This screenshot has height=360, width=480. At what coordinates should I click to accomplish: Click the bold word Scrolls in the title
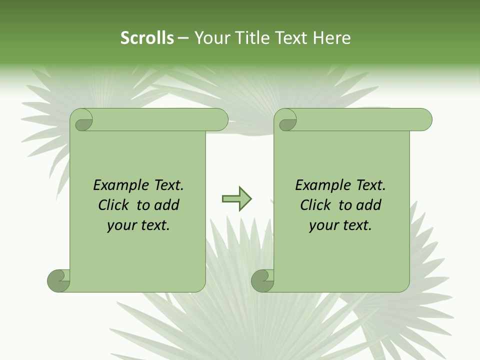pos(147,38)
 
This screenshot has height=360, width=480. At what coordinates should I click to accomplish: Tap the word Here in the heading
pos(331,38)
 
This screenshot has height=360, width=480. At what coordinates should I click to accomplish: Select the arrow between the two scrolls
pos(236,199)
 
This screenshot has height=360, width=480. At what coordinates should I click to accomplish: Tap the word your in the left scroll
pos(121,226)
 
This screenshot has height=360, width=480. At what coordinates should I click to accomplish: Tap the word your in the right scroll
pos(323,226)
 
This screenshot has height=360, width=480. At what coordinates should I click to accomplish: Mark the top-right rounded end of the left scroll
pos(220,119)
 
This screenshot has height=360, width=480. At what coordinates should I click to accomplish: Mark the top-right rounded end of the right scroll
pos(424,119)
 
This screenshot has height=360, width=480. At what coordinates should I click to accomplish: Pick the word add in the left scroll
pos(167,205)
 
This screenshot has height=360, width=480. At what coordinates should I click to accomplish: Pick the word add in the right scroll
pos(369,205)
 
